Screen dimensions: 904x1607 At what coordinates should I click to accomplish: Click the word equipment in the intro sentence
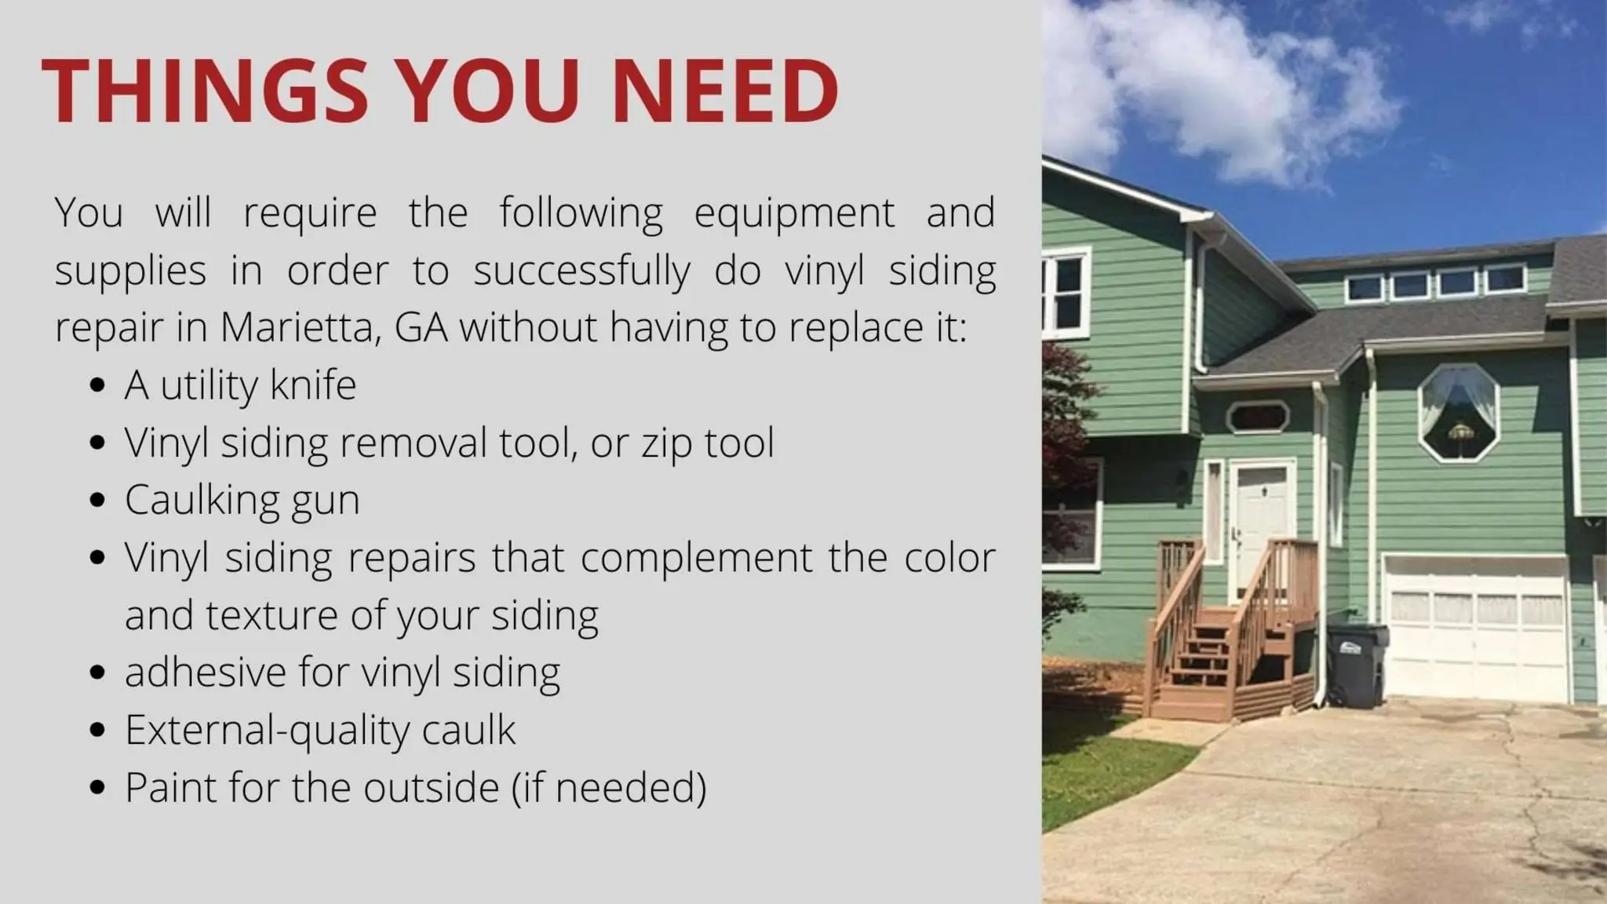794,213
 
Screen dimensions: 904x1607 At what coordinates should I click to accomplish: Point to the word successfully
581,272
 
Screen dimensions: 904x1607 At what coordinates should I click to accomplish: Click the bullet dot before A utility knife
97,385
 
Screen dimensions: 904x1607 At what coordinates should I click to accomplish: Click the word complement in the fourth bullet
697,559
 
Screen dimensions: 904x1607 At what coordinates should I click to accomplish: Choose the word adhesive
206,673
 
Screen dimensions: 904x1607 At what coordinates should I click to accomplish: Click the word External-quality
270,731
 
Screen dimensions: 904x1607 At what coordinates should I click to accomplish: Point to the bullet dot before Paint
97,788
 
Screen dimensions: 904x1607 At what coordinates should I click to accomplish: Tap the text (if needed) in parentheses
609,788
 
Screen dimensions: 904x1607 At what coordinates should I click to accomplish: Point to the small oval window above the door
1257,416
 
